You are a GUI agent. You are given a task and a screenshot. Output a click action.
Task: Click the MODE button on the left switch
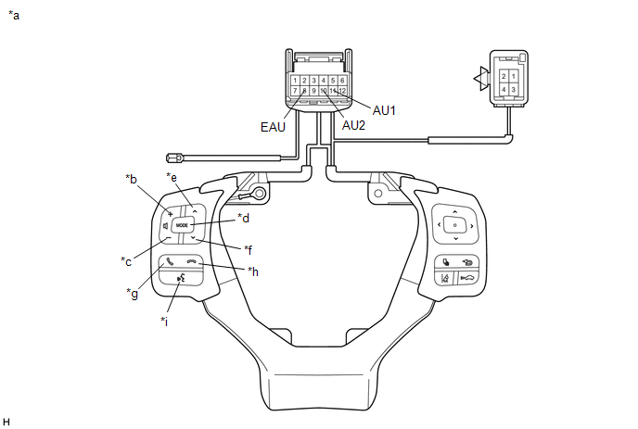tap(182, 225)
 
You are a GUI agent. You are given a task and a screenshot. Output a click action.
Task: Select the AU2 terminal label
tap(352, 125)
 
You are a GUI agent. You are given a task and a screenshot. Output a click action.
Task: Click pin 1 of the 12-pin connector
tap(295, 81)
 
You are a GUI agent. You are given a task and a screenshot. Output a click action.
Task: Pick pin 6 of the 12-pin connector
tap(343, 81)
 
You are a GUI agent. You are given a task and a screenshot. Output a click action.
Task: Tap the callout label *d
tap(244, 219)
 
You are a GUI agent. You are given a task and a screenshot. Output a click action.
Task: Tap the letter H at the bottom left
tap(6, 422)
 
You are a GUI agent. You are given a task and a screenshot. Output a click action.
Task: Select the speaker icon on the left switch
tap(165, 225)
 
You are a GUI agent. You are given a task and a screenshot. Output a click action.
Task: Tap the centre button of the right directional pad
tap(454, 224)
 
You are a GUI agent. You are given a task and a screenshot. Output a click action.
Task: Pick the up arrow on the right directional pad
tap(454, 211)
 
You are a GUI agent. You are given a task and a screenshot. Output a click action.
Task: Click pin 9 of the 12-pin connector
tap(314, 91)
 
